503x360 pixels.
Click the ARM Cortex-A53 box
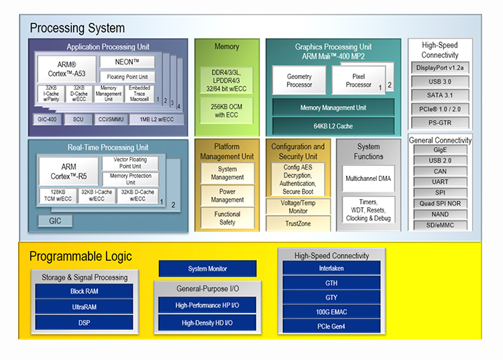(66, 69)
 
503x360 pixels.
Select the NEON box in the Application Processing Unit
(127, 62)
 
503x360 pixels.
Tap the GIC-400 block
(47, 119)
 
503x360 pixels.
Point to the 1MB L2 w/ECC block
(156, 119)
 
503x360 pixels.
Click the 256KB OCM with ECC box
(227, 111)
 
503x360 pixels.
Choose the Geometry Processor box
(299, 80)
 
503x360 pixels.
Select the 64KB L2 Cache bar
(333, 126)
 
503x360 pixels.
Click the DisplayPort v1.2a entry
(440, 68)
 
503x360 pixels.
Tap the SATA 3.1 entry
(440, 95)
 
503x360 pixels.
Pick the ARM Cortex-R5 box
(68, 172)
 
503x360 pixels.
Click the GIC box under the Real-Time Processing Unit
(55, 221)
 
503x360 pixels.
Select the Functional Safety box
(227, 218)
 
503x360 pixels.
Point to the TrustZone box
(298, 223)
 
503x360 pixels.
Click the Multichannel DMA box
(368, 178)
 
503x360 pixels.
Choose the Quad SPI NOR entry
(440, 203)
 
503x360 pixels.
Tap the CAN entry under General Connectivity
(440, 171)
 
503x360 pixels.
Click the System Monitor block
(207, 269)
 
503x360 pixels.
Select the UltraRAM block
(84, 307)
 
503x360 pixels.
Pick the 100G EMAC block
(331, 312)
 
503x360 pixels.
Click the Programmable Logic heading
(80, 257)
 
